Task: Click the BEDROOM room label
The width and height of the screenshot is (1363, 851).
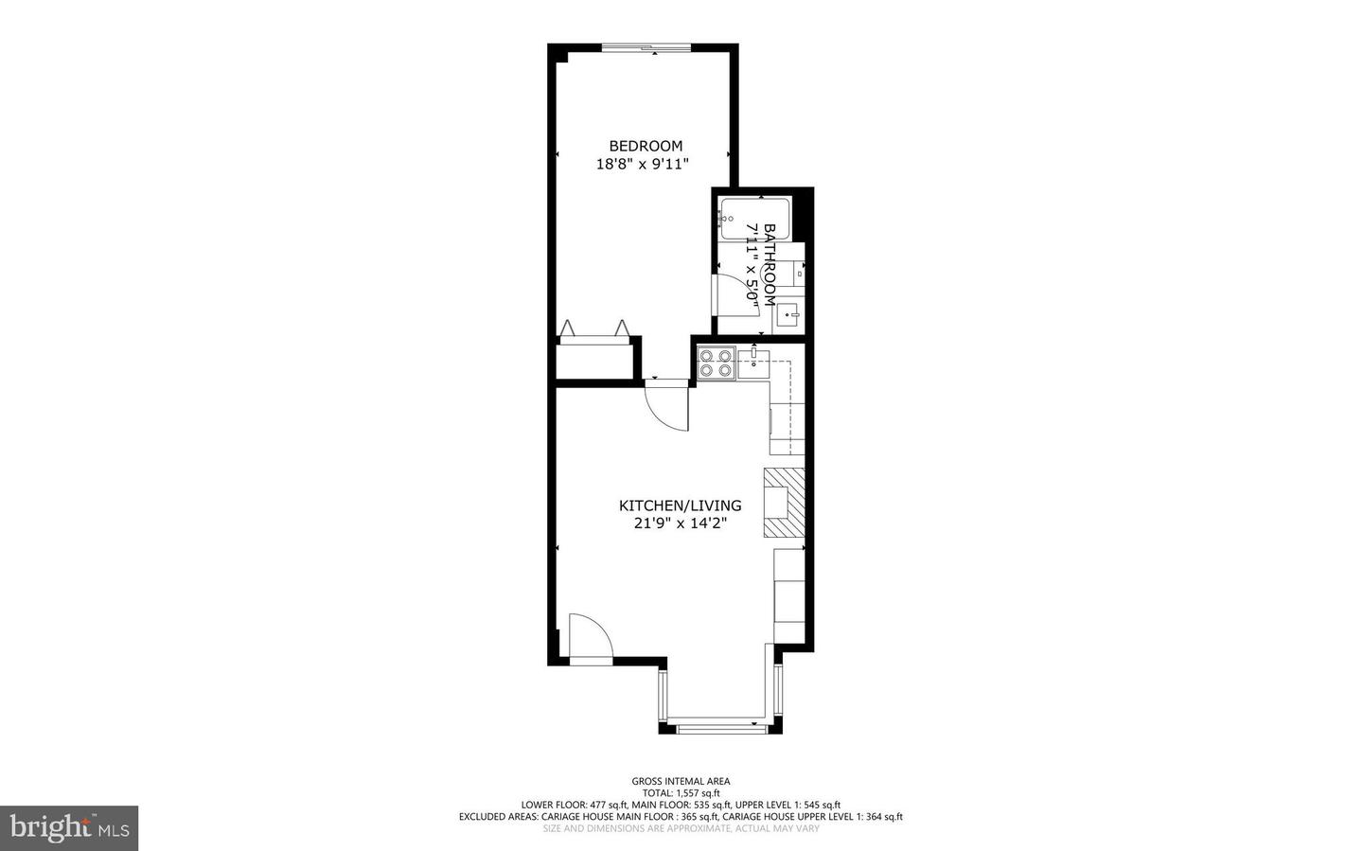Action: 645,146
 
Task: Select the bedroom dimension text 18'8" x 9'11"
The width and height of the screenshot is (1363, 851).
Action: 642,164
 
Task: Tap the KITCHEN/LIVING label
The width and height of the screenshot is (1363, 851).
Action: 680,505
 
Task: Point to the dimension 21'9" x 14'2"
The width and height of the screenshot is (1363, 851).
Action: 680,523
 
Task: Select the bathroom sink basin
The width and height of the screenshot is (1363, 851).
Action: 788,315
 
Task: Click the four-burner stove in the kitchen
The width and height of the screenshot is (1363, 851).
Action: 716,363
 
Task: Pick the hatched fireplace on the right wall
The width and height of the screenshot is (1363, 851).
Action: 785,503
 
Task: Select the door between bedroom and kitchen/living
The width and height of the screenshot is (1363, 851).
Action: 668,404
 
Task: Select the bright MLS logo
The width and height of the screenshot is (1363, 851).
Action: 69,828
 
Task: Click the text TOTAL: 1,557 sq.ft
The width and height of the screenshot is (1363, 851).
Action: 681,793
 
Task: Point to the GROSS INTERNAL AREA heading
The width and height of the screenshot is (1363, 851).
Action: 681,781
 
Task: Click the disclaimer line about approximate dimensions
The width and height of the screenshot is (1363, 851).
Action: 681,828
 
